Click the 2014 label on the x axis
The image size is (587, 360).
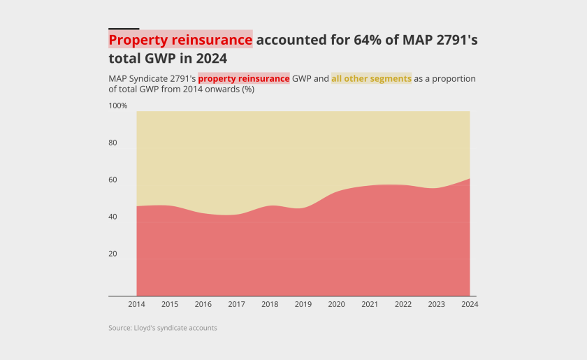point(136,305)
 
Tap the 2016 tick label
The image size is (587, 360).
point(203,305)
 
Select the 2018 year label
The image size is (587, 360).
point(270,305)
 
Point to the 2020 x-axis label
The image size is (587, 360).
point(336,305)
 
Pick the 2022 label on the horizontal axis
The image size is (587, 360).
point(403,305)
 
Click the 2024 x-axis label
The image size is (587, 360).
point(470,305)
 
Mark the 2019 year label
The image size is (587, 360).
point(303,305)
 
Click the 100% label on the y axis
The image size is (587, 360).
point(118,106)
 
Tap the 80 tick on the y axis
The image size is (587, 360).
point(113,143)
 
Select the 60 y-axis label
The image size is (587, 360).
point(113,180)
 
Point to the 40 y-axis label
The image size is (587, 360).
point(113,217)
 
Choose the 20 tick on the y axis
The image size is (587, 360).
point(113,254)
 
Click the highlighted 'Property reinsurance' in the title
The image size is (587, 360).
point(180,40)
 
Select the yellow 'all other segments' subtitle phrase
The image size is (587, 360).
point(371,79)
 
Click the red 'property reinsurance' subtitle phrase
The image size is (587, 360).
point(244,79)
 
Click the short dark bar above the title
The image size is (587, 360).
point(124,29)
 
